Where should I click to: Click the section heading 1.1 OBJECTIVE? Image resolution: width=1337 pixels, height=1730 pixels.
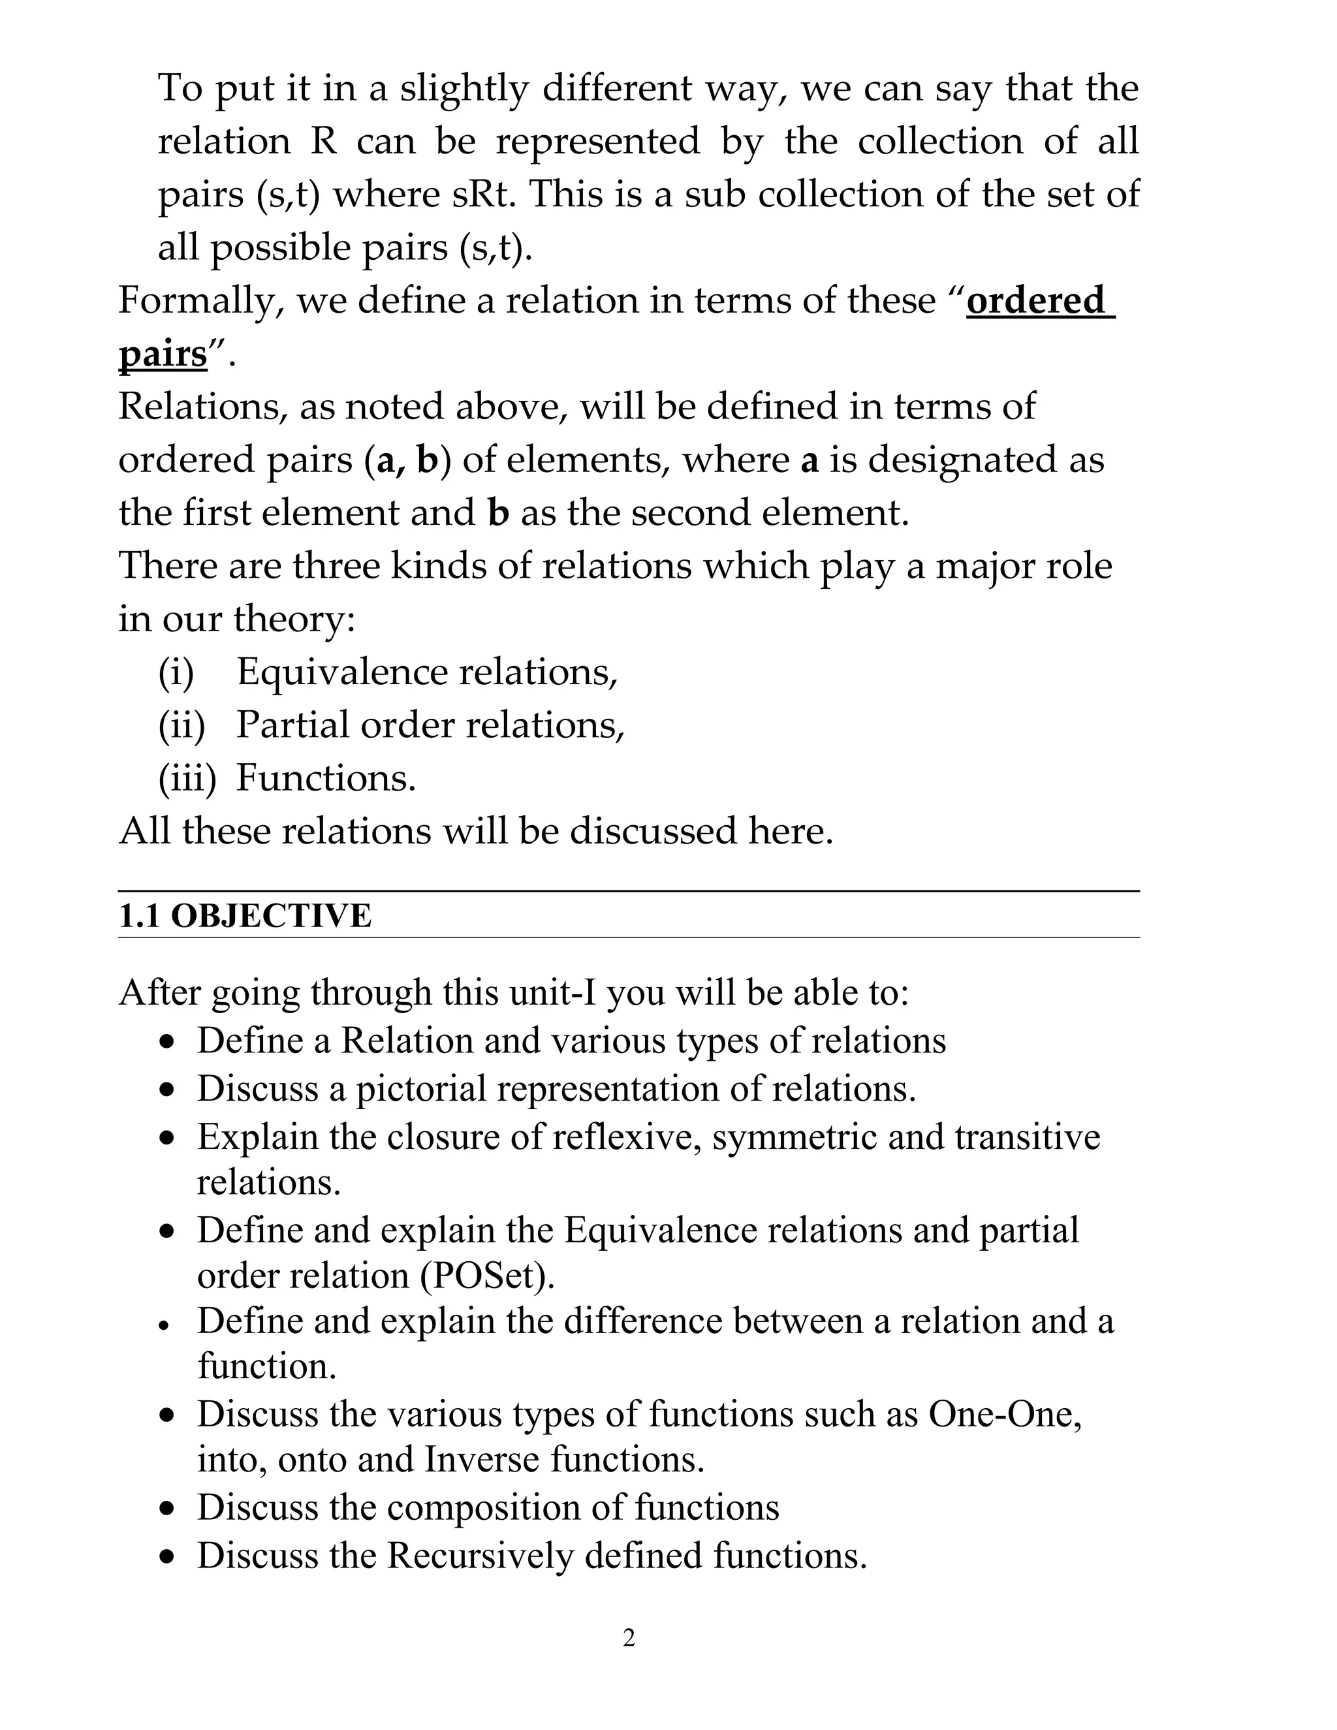(245, 916)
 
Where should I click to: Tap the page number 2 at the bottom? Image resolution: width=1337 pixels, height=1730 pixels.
(629, 1637)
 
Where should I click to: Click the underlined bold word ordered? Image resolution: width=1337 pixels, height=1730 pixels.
(1036, 301)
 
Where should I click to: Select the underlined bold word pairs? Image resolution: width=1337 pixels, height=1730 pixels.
(163, 354)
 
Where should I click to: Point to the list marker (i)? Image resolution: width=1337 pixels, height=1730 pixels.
(176, 672)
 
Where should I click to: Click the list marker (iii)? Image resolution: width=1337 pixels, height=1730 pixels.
(187, 778)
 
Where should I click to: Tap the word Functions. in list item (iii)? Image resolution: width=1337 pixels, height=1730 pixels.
(326, 778)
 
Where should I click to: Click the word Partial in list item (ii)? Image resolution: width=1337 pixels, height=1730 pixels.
(292, 725)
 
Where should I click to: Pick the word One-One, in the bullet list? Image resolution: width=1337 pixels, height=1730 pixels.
(1004, 1414)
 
